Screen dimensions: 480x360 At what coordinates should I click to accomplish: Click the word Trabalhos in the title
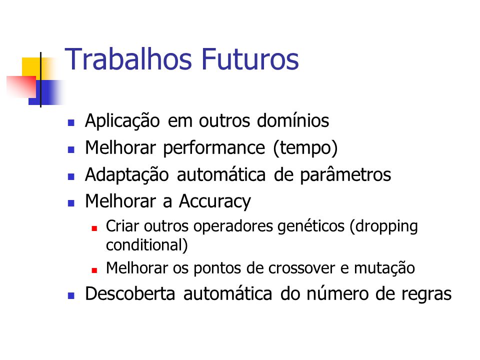pyautogui.click(x=128, y=59)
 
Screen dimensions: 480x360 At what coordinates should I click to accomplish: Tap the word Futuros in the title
pyautogui.click(x=250, y=59)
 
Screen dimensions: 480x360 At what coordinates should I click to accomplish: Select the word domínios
pyautogui.click(x=293, y=120)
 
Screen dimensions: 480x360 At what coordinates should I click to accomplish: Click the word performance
pyautogui.click(x=214, y=148)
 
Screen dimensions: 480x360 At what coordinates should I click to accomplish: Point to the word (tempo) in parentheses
pyautogui.click(x=305, y=148)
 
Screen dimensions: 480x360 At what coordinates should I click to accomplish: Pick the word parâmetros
pyautogui.click(x=345, y=175)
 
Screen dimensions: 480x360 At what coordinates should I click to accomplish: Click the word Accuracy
pyautogui.click(x=214, y=202)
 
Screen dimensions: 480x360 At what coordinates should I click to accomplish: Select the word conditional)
pyautogui.click(x=146, y=245)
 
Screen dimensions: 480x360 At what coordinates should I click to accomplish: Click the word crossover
pyautogui.click(x=301, y=268)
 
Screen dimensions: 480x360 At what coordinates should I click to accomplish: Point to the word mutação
pyautogui.click(x=384, y=268)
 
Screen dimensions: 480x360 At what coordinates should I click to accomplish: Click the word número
pyautogui.click(x=337, y=293)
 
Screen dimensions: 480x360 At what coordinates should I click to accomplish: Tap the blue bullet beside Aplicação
pyautogui.click(x=71, y=123)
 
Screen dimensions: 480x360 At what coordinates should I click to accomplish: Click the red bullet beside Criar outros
pyautogui.click(x=94, y=228)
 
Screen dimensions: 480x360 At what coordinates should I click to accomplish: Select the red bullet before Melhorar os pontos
pyautogui.click(x=94, y=270)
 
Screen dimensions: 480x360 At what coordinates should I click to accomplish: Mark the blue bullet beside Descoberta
pyautogui.click(x=71, y=295)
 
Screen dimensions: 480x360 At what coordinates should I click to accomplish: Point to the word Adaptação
pyautogui.click(x=126, y=175)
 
